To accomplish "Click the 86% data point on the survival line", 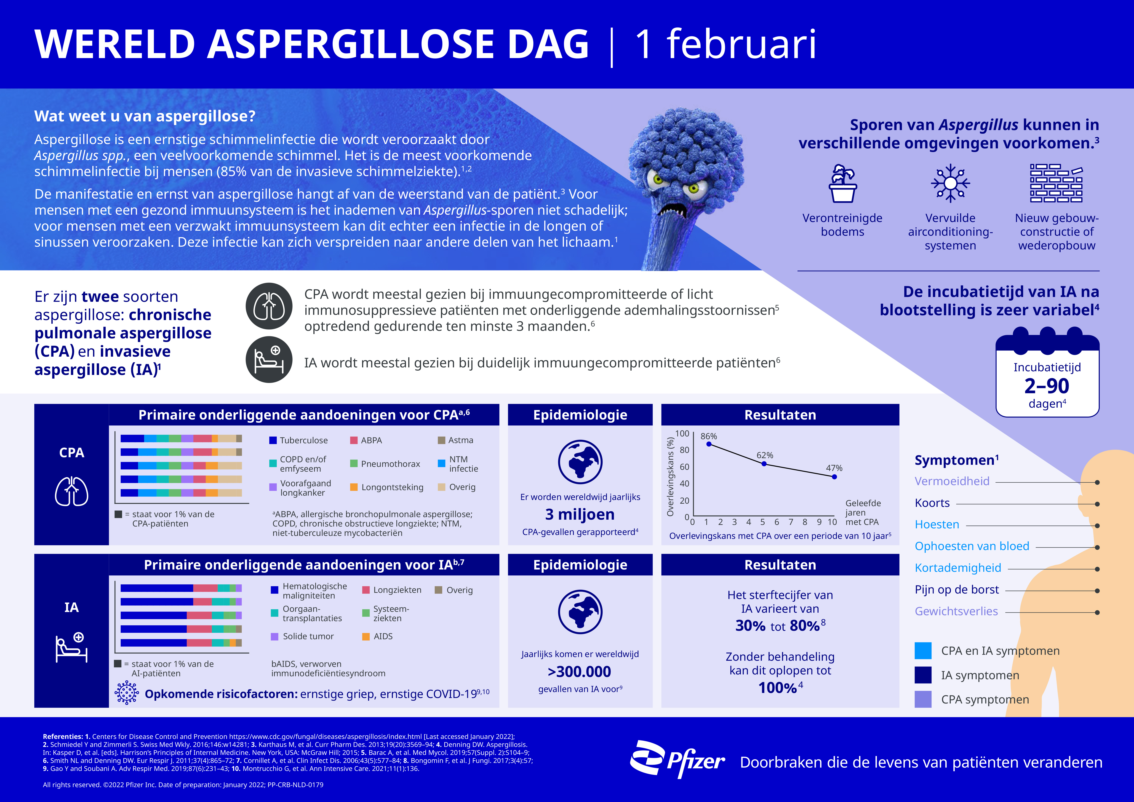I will pos(709,444).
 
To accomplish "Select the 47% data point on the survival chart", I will pos(834,476).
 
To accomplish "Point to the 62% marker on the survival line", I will pos(764,464).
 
